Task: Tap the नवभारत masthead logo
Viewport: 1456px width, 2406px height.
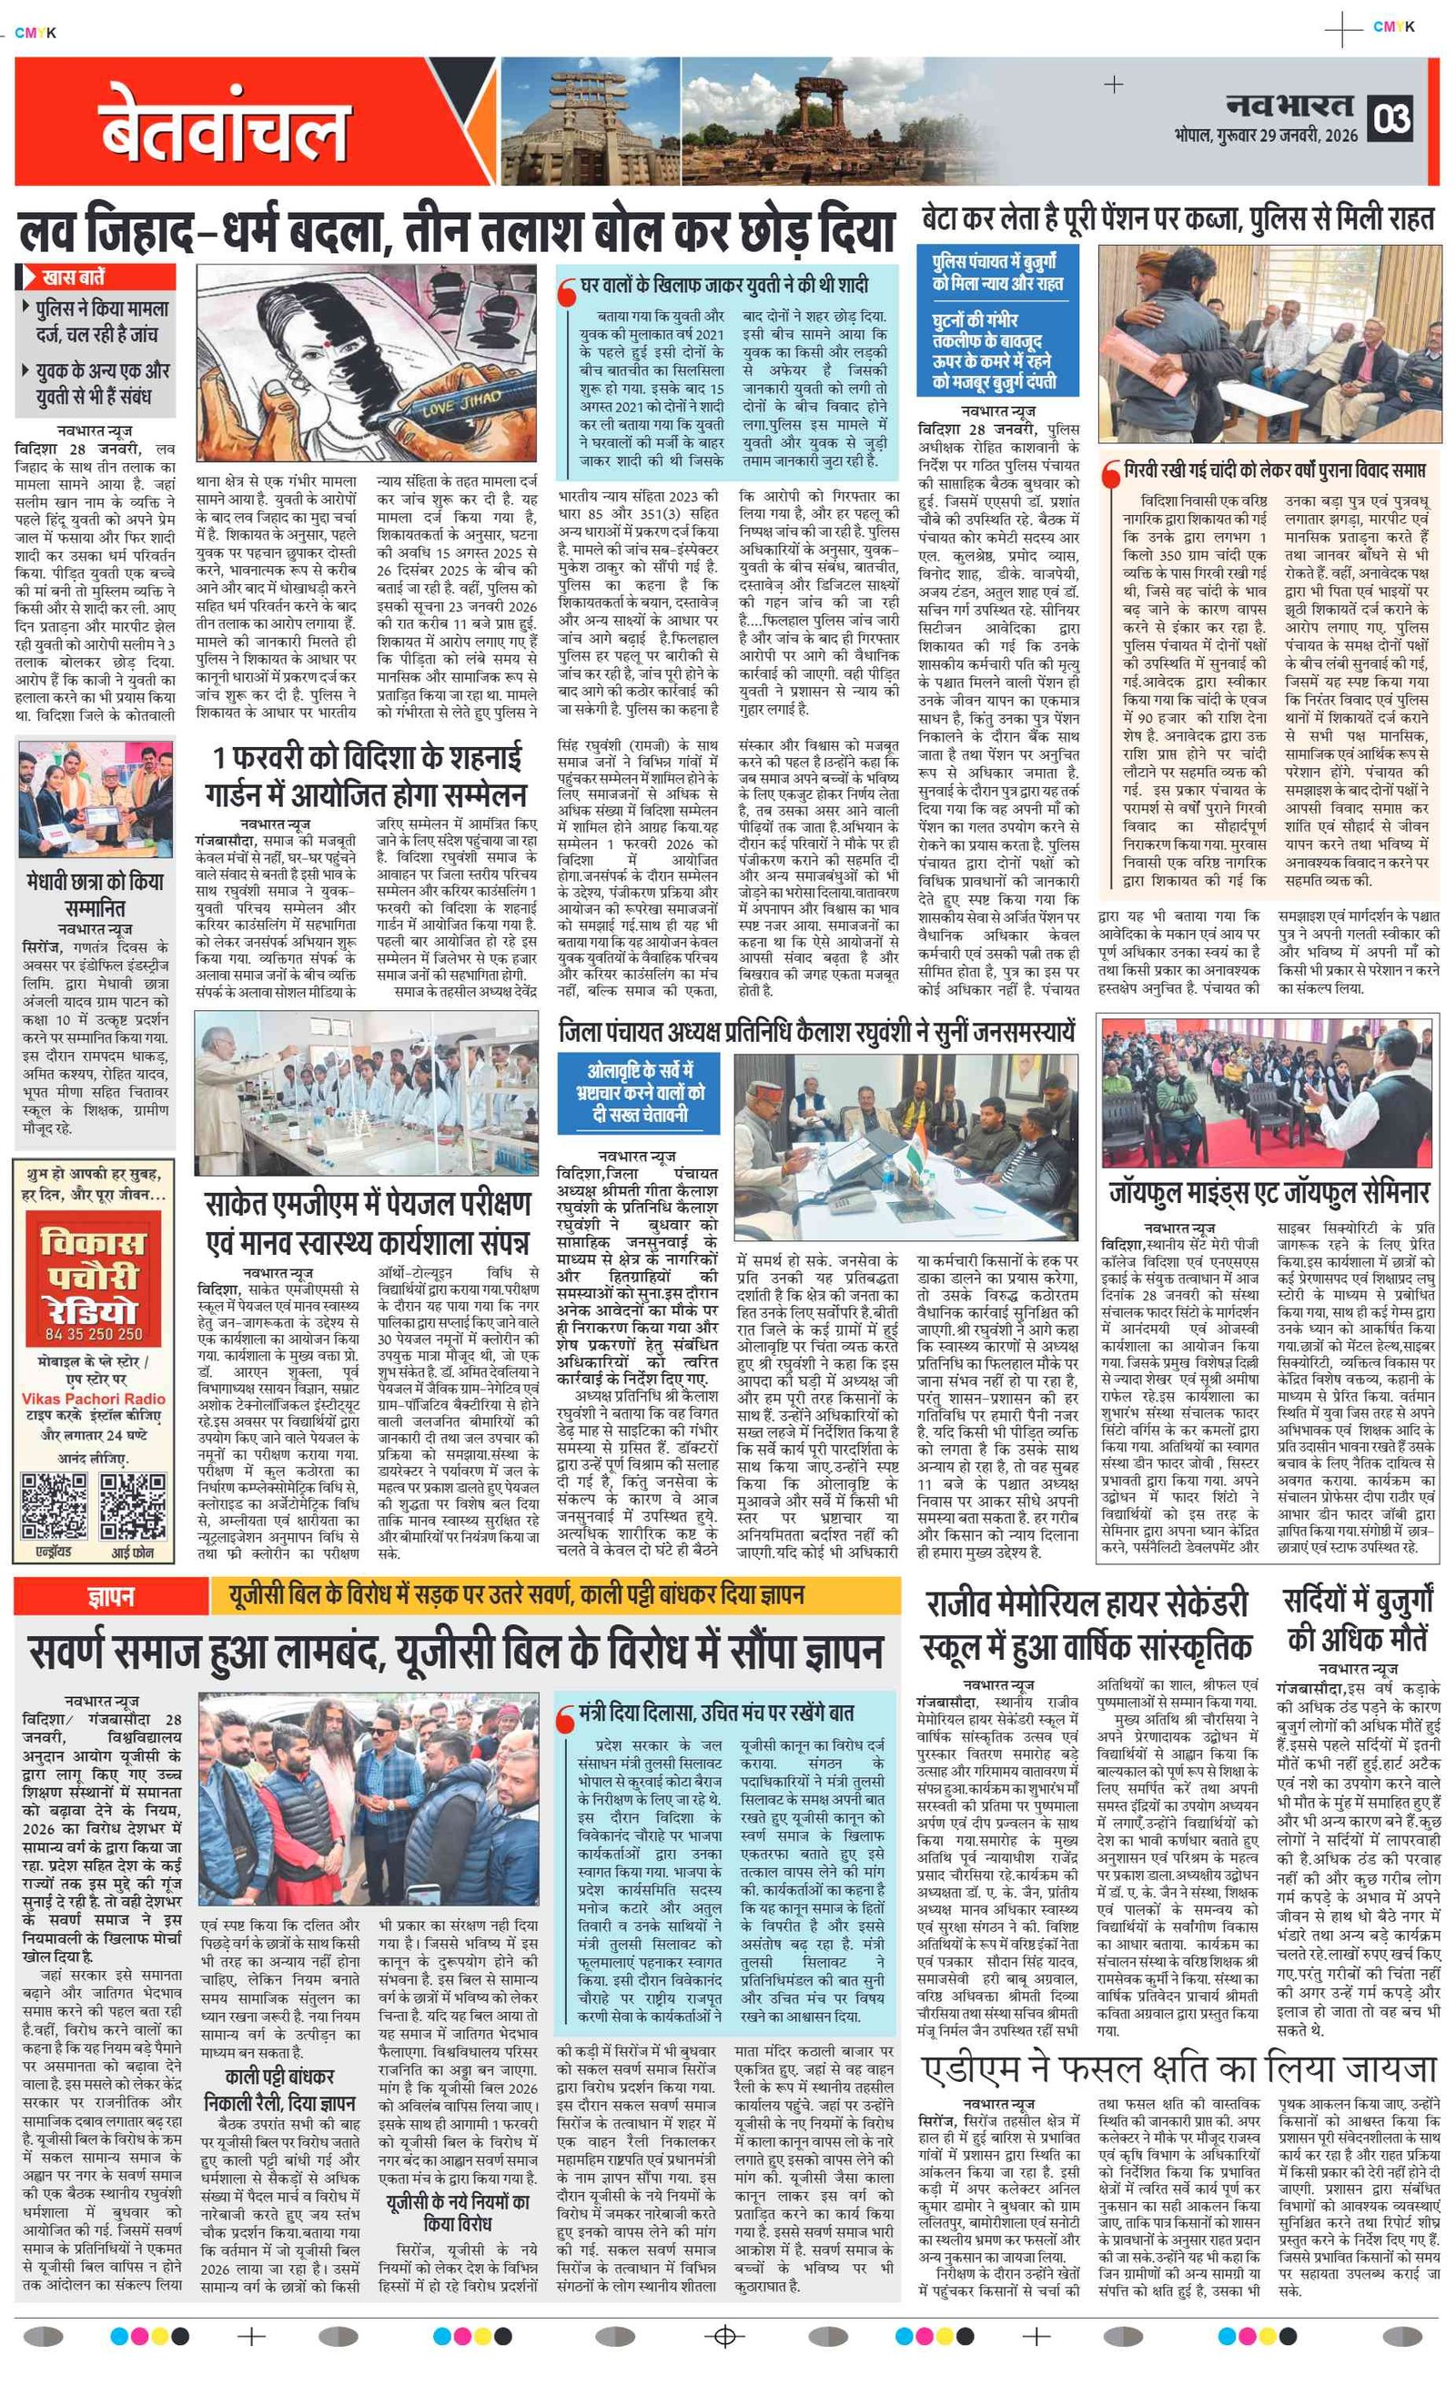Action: (x=1290, y=106)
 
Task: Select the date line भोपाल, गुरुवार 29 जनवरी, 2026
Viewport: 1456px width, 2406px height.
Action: (x=1266, y=136)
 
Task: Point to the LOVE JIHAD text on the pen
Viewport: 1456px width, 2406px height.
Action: (x=461, y=401)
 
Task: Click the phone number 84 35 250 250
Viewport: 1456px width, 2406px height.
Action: (x=94, y=1334)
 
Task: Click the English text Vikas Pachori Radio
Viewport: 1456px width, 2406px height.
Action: (x=94, y=1399)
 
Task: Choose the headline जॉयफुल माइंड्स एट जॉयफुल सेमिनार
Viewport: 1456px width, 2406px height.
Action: (x=1269, y=1192)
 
